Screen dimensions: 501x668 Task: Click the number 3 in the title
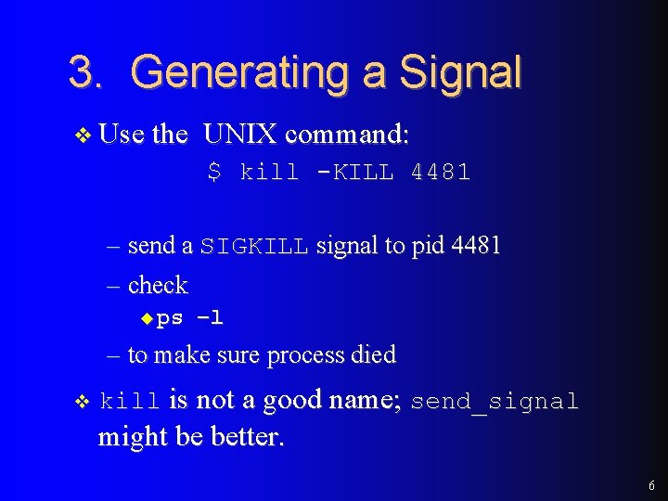pyautogui.click(x=83, y=72)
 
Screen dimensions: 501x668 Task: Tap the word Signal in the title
pyautogui.click(x=460, y=73)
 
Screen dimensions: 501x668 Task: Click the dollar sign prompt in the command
pyautogui.click(x=214, y=172)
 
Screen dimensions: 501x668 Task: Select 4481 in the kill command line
pyautogui.click(x=441, y=172)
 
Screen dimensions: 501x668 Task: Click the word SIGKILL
pyautogui.click(x=253, y=247)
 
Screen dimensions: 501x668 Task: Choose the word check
pyautogui.click(x=158, y=285)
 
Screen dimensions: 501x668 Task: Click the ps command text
pyautogui.click(x=170, y=318)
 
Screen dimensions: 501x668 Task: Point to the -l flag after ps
pyautogui.click(x=210, y=318)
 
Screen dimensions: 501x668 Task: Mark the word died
pyautogui.click(x=374, y=354)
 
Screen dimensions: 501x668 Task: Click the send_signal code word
pyautogui.click(x=495, y=402)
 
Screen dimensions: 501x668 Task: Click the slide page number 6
pyautogui.click(x=651, y=485)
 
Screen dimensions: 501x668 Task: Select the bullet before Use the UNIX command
pyautogui.click(x=82, y=135)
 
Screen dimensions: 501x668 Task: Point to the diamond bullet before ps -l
pyautogui.click(x=145, y=318)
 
